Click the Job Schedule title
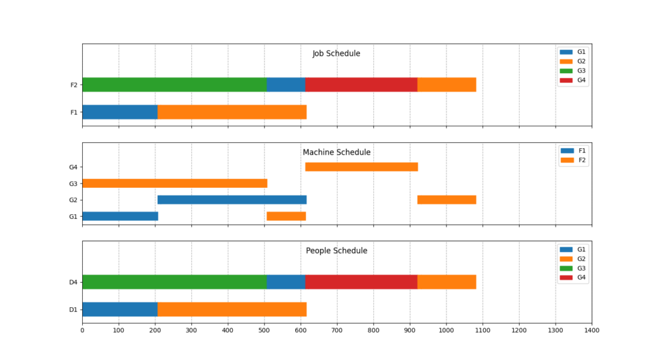pos(336,54)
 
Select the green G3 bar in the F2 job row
pos(174,85)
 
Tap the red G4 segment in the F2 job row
pos(361,85)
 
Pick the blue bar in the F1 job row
pos(120,112)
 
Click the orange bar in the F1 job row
pos(232,112)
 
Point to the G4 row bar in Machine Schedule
pos(361,167)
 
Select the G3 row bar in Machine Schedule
pos(175,183)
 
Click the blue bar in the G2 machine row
pos(232,199)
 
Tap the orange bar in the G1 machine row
pos(286,216)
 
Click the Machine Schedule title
pos(336,153)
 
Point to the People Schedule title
pos(336,251)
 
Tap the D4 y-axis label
pos(73,282)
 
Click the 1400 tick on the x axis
pos(592,330)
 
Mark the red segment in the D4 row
pos(361,282)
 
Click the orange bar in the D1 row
pos(232,309)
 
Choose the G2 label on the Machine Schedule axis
pos(73,200)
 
